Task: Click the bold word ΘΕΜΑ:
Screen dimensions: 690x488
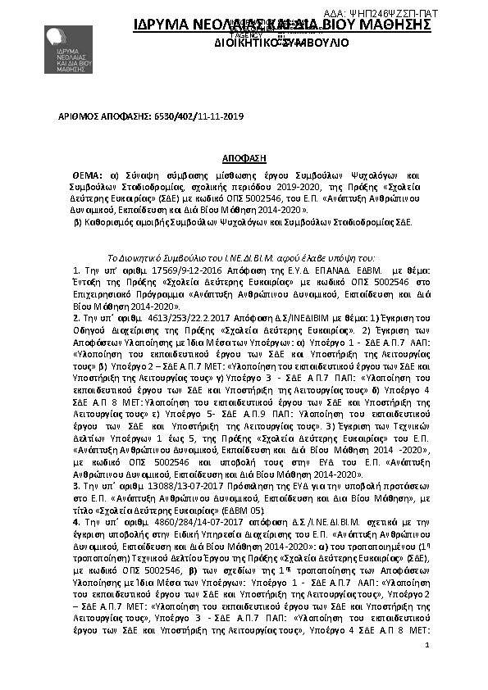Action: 88,175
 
